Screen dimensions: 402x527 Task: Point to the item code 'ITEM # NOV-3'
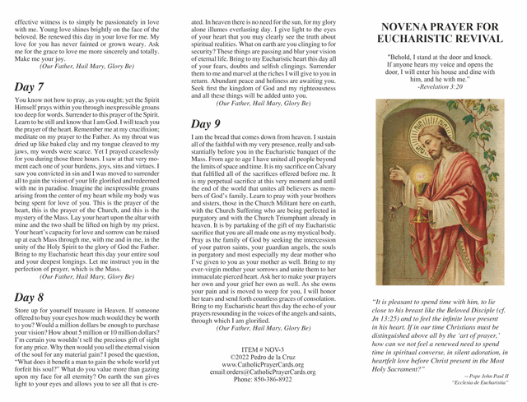tap(265, 351)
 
